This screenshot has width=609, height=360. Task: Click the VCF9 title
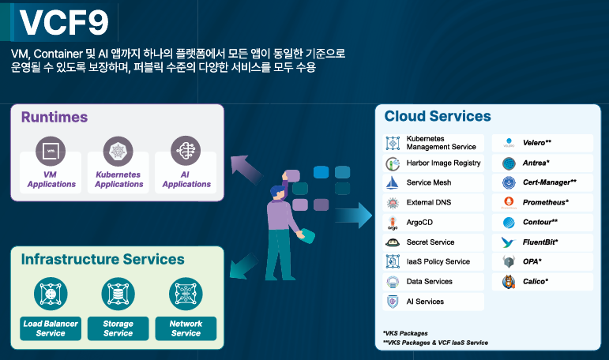[x=64, y=23]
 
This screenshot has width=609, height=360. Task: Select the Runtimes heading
[x=55, y=117]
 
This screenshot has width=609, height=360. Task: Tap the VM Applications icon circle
[x=51, y=151]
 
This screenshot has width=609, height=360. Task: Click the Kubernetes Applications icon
[x=118, y=151]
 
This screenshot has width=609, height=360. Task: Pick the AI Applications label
[x=186, y=179]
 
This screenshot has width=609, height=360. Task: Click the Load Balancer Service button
[x=51, y=328]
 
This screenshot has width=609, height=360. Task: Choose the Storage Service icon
[x=118, y=294]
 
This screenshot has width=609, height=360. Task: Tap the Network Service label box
[x=186, y=328]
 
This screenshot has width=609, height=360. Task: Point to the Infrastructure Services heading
[x=103, y=259]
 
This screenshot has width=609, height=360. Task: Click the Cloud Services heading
[x=438, y=116]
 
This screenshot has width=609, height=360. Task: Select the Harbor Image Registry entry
[x=434, y=163]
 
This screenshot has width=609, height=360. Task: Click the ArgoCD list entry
[x=434, y=223]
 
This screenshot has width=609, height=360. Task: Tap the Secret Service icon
[x=393, y=242]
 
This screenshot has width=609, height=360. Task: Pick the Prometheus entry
[x=543, y=202]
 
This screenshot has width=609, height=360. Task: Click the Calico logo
[x=509, y=282]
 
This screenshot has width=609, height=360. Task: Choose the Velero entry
[x=543, y=143]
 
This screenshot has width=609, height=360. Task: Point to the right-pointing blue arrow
[x=353, y=215]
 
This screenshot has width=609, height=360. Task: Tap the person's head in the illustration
[x=278, y=192]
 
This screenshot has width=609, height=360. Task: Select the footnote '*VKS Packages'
[x=405, y=333]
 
